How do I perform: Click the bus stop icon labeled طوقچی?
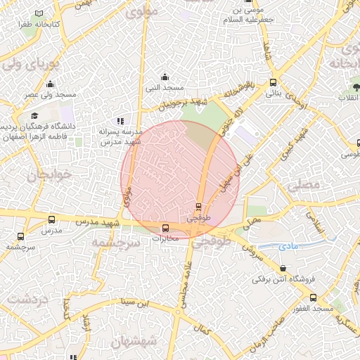[x=198, y=207]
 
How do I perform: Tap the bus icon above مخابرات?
[x=166, y=228]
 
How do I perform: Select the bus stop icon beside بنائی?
[x=273, y=82]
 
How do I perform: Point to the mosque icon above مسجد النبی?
[x=165, y=77]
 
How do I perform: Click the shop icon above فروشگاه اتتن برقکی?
[x=283, y=269]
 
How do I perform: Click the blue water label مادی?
[x=288, y=246]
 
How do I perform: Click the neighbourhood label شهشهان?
[x=134, y=343]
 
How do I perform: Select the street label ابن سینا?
[x=134, y=303]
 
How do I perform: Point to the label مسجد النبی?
[x=165, y=88]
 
